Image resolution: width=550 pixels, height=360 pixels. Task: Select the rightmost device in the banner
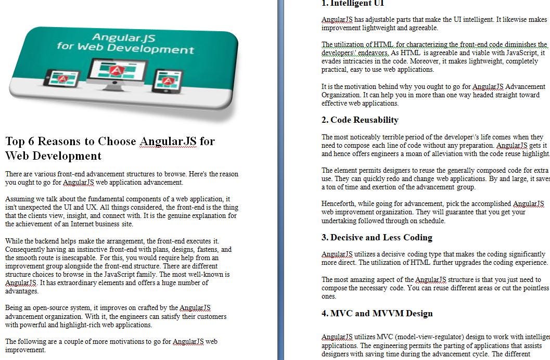tap(169, 80)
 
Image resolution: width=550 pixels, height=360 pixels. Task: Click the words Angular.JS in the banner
tap(117, 37)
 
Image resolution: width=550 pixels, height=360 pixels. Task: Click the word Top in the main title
tap(15, 141)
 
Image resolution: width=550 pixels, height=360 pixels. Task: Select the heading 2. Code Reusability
tap(360, 120)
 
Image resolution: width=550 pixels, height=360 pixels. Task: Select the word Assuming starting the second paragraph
tap(19, 199)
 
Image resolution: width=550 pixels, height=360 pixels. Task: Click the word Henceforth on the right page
tap(339, 203)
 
